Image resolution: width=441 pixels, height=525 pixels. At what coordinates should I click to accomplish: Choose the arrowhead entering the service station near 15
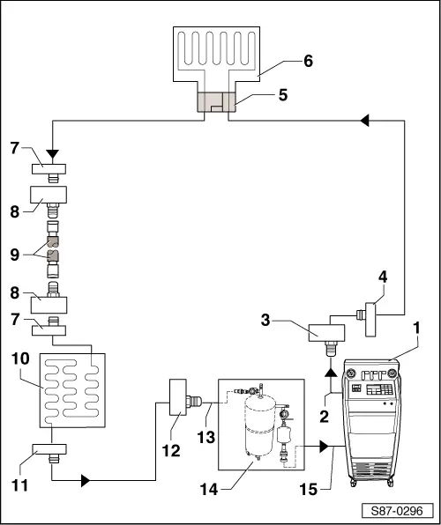coord(326,447)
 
